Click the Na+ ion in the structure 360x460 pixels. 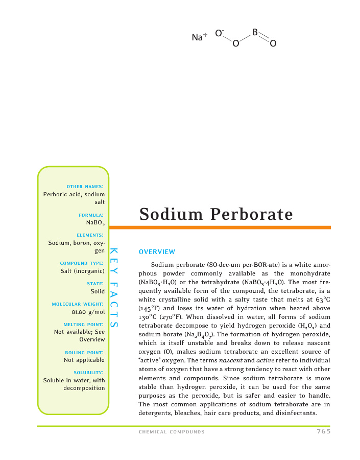[x=199, y=37]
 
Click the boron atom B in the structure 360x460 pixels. [x=254, y=33]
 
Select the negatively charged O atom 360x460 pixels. [x=219, y=34]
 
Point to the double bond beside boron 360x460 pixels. [x=264, y=38]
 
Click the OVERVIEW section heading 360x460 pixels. [x=157, y=251]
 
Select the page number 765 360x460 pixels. [x=323, y=431]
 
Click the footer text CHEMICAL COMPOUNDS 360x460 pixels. [x=172, y=432]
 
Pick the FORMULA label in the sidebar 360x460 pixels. [x=94, y=215]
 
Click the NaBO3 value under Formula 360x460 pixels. [x=95, y=222]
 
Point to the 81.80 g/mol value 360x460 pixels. [x=88, y=311]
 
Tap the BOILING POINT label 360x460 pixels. [x=85, y=353]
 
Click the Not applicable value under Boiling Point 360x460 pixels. [x=84, y=360]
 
